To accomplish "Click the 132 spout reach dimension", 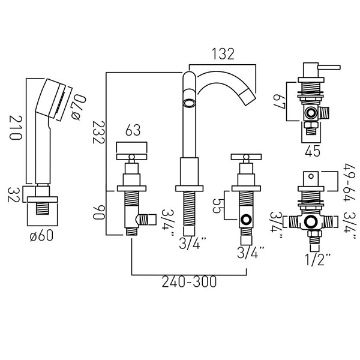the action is (x=223, y=54).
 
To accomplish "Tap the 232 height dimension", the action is (x=99, y=132).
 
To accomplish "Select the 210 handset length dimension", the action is (x=16, y=128).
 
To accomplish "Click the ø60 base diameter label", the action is (x=41, y=235).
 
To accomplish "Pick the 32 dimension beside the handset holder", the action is (x=14, y=194).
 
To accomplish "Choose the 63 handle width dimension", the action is (x=133, y=130).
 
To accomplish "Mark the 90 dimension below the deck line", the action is (x=99, y=212).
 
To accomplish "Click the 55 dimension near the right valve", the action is (x=217, y=206).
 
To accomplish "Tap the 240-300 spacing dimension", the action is (x=189, y=282).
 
